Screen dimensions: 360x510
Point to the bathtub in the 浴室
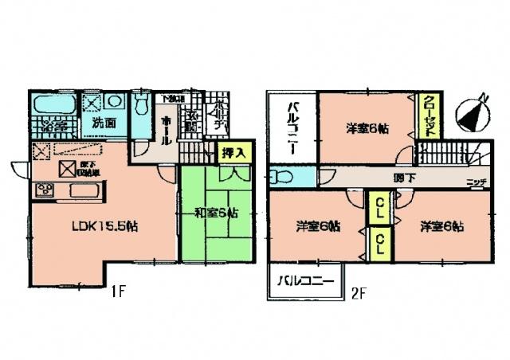point(54,104)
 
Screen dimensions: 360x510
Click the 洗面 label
point(100,123)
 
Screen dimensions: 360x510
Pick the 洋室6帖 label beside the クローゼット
point(367,127)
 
